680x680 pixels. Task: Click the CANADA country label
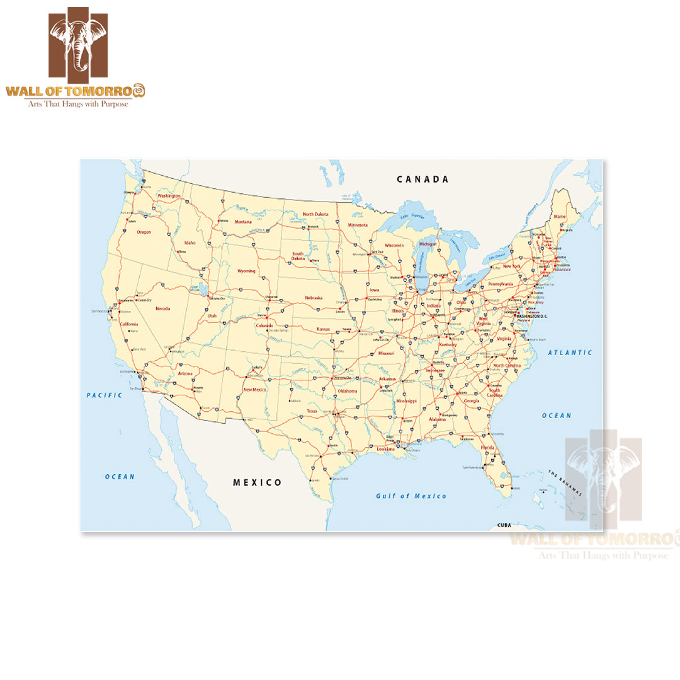[x=422, y=179]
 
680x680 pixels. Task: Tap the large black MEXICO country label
[x=258, y=482]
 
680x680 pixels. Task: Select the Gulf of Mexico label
[x=411, y=496]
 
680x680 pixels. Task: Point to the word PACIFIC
[x=105, y=395]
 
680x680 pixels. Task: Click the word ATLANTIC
[x=570, y=353]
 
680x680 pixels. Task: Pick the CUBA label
[x=504, y=525]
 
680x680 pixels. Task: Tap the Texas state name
[x=312, y=411]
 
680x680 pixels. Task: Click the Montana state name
[x=243, y=222]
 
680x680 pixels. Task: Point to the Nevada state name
[x=162, y=309]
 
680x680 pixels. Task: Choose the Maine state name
[x=560, y=217]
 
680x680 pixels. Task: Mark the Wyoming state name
[x=246, y=271]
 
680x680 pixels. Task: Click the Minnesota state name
[x=358, y=225]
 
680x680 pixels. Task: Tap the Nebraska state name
[x=314, y=298]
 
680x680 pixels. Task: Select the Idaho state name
[x=190, y=242]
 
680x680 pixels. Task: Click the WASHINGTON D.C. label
[x=533, y=316]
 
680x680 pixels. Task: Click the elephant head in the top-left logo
[x=78, y=43]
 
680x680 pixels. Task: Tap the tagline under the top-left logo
[x=77, y=104]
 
